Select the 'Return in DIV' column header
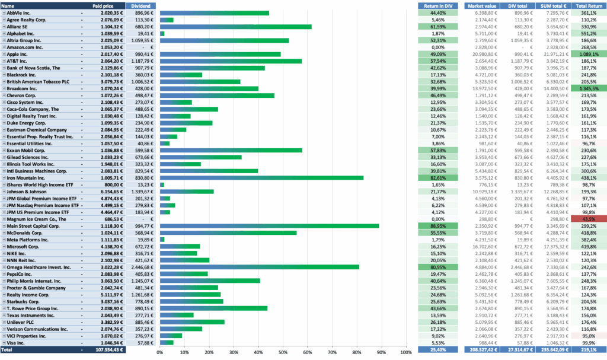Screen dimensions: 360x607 click(x=437, y=5)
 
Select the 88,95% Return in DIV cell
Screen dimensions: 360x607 click(x=437, y=226)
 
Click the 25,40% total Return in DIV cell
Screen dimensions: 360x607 click(x=437, y=351)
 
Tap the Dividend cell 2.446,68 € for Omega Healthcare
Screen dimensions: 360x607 click(x=142, y=267)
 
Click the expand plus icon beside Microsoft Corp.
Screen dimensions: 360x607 click(x=4, y=247)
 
